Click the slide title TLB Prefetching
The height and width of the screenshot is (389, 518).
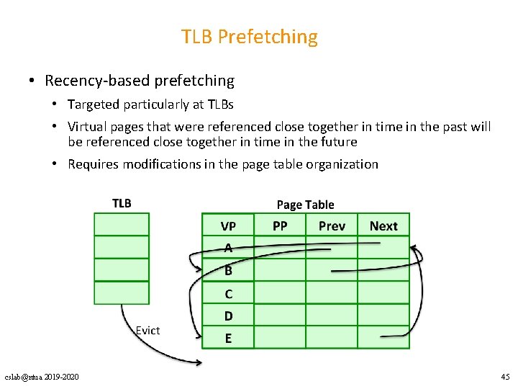249,37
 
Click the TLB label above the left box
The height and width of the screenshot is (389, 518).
122,203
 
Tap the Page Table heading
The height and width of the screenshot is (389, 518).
305,205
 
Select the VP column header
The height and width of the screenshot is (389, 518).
228,226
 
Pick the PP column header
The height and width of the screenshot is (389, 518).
280,226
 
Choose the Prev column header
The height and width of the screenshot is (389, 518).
332,226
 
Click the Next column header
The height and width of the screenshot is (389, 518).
383,226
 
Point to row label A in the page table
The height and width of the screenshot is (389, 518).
228,249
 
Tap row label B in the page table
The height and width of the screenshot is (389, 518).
228,271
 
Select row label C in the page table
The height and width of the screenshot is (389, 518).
228,293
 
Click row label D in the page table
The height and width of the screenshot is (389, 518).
228,316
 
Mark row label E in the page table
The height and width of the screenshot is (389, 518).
228,338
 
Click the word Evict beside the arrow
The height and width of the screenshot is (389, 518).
147,330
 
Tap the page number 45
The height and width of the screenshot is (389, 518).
504,377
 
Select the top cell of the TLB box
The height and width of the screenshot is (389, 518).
122,224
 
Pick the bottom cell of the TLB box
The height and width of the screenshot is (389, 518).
122,292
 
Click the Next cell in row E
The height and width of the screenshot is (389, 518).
383,338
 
